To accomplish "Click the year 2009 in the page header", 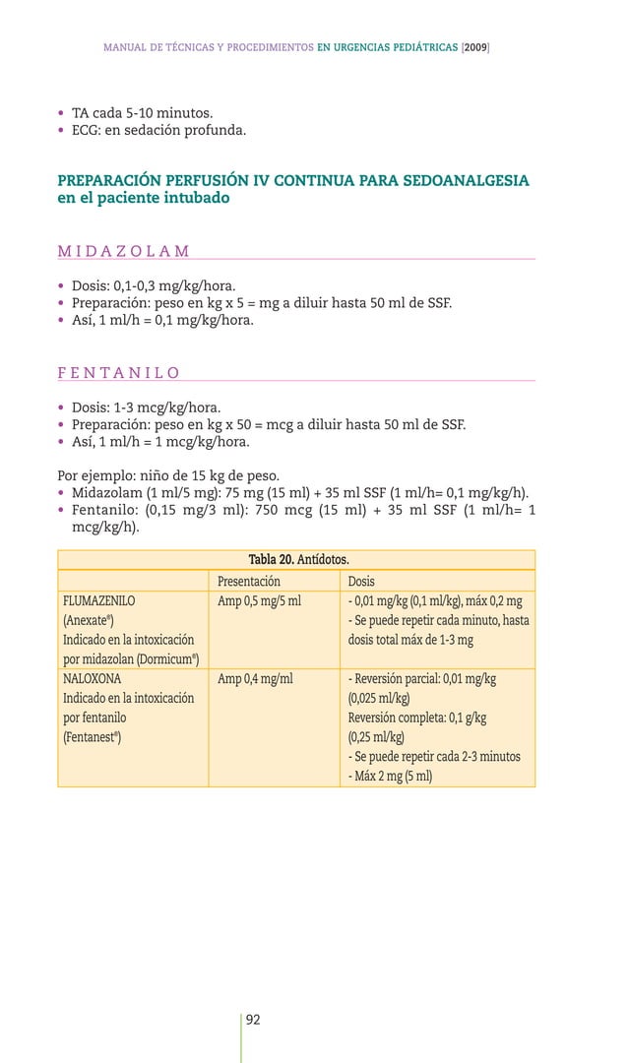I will (x=474, y=47).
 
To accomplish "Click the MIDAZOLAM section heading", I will (x=124, y=252).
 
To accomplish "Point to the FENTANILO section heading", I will (x=118, y=373).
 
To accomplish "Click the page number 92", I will (x=253, y=1020).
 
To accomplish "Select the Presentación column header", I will (x=249, y=581).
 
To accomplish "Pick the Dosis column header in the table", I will (x=361, y=581).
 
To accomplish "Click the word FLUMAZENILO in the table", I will (x=99, y=600).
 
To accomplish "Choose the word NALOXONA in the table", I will (x=93, y=678).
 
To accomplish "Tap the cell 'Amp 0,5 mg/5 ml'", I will (x=259, y=600).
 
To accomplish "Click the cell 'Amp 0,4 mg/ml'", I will (x=255, y=678).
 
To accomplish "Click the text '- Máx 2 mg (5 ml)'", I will (x=390, y=776).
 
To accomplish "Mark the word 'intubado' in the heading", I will (x=194, y=198).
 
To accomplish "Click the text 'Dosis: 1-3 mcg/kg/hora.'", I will (x=146, y=407).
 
